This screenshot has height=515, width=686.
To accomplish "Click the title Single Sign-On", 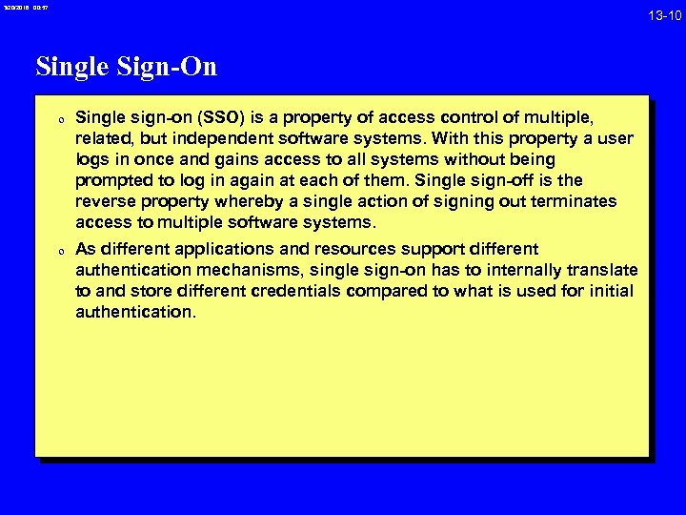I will point(127,66).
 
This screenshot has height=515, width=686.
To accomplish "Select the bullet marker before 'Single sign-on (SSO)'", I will point(60,121).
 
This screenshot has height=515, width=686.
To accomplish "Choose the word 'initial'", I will point(611,291).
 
